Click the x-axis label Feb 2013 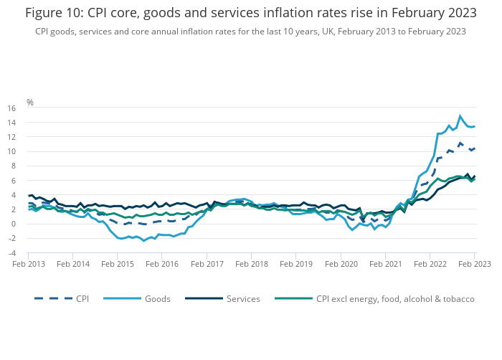(x=29, y=264)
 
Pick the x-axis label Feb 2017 (x=207, y=264)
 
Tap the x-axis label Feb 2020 (x=341, y=264)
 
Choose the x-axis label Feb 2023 (x=474, y=264)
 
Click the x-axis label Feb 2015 (x=118, y=264)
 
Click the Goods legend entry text (x=158, y=298)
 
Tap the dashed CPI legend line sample (x=49, y=298)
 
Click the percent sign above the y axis (x=30, y=103)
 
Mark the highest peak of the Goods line (x=460, y=115)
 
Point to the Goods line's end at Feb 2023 (x=474, y=126)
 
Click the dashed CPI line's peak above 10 (x=460, y=143)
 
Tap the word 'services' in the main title (x=259, y=13)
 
